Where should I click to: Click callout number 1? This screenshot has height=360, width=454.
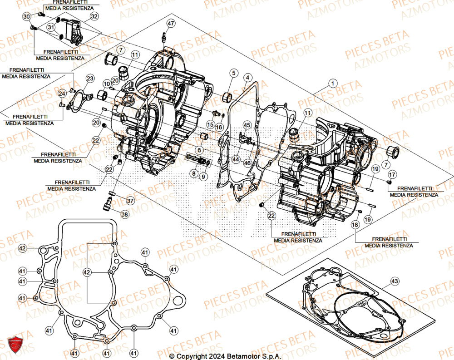click(334, 84)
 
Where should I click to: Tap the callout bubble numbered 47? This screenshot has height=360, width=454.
click(170, 24)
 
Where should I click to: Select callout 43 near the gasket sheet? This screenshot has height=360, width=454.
click(395, 282)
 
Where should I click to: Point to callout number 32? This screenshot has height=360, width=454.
click(94, 17)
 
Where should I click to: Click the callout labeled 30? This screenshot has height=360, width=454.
click(26, 17)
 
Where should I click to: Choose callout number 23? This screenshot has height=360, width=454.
click(90, 79)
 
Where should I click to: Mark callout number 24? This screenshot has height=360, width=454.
click(62, 94)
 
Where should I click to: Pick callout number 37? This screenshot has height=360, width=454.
click(130, 201)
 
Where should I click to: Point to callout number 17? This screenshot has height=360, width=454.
click(392, 174)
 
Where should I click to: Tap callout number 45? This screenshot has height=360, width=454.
click(247, 125)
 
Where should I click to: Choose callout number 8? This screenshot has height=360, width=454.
click(194, 173)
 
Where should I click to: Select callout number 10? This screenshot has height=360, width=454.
click(106, 84)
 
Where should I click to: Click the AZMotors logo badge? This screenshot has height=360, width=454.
click(15, 344)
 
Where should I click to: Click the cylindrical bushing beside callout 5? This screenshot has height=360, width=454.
click(227, 96)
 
